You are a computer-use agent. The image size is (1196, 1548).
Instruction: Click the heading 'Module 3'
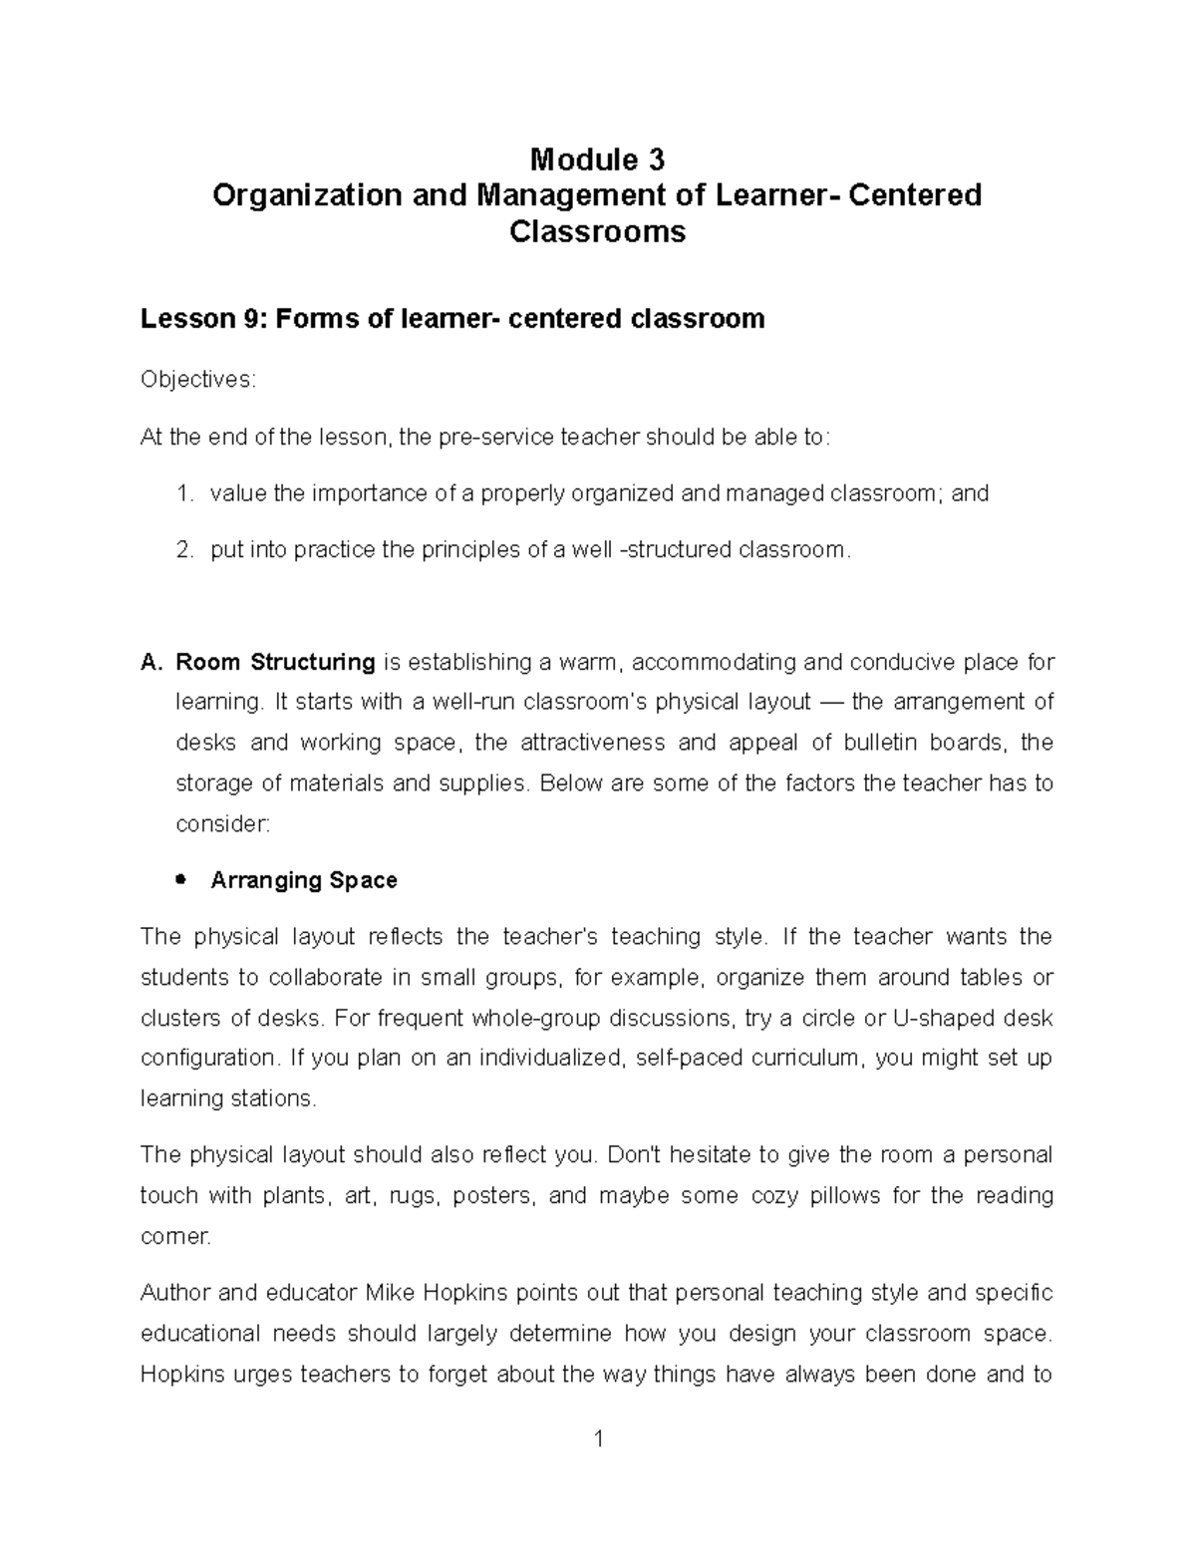[x=597, y=158]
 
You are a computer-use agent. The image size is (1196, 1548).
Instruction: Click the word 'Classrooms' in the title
[x=597, y=232]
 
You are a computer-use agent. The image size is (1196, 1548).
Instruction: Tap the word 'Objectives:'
[x=198, y=380]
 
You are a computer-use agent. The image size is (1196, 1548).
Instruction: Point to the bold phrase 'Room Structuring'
[x=275, y=663]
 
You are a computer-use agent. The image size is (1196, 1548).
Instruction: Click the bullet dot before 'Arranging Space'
[x=180, y=879]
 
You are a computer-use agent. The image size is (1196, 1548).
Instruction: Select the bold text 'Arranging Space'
[x=304, y=880]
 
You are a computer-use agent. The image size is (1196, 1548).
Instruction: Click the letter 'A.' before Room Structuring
[x=151, y=663]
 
